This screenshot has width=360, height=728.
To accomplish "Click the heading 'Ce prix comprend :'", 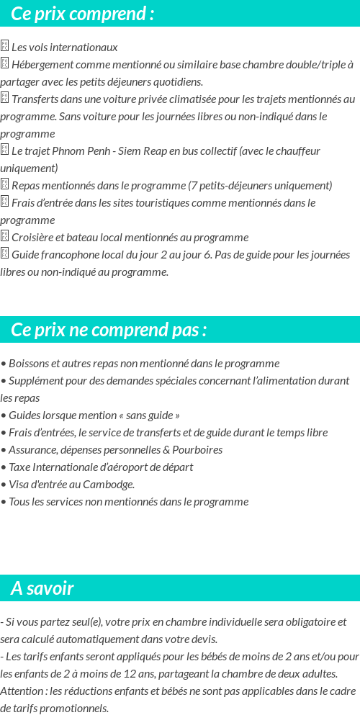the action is point(83,14).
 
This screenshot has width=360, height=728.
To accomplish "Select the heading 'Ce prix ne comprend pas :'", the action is point(109,330).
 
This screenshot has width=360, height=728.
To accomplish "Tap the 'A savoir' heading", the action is point(42,588).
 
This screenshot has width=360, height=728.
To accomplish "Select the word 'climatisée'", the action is point(211,99).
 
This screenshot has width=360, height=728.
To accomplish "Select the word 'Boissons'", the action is point(30,364).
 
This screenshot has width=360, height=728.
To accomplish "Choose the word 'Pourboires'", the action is point(197,450).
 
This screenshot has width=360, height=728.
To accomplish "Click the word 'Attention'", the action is point(20,691).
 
